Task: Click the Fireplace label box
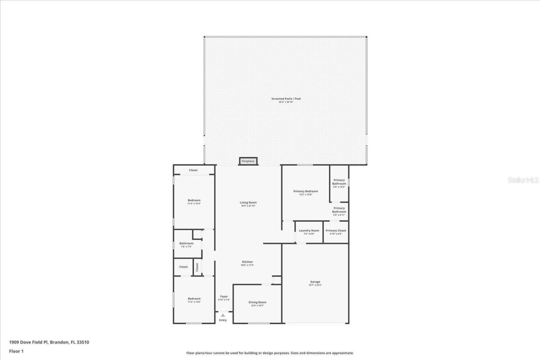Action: [248, 161]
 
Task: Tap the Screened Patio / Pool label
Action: [286, 99]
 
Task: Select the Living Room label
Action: [248, 202]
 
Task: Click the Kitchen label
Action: [247, 262]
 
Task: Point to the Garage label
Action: [315, 282]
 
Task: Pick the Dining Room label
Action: [257, 302]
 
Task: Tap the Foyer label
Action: [224, 296]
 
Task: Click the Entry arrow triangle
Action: [223, 315]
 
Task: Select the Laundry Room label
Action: [309, 231]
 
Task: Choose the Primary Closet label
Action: [336, 231]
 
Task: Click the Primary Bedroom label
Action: [305, 191]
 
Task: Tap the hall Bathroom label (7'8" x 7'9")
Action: [186, 243]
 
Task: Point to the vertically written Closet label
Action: [197, 267]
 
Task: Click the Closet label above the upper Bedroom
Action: [193, 170]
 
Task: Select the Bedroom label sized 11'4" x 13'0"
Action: [194, 298]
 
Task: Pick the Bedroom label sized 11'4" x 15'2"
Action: [194, 200]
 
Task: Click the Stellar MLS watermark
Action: [523, 180]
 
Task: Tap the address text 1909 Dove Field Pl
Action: [29, 342]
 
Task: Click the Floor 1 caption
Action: [16, 351]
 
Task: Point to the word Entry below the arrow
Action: [223, 320]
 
